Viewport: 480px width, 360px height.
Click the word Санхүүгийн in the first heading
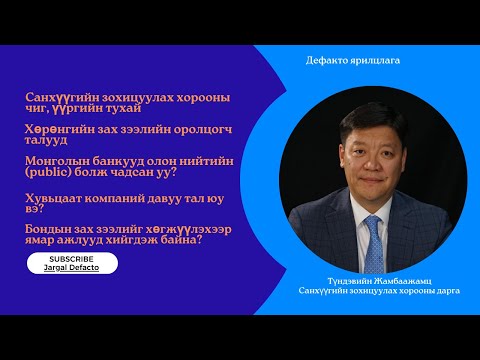[63, 96]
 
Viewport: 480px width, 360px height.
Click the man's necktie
[372, 241]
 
